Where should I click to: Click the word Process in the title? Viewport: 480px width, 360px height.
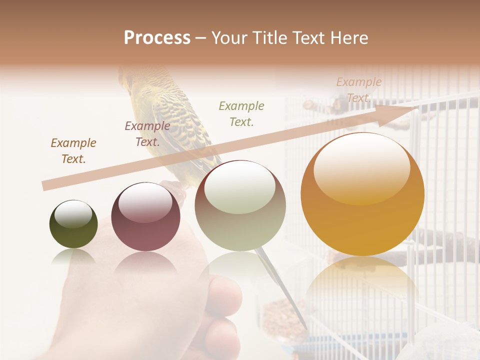157,38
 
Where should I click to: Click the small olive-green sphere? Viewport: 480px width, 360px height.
73,224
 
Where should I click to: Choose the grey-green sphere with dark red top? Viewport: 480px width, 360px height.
240,206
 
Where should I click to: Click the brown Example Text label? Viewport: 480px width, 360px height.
73,151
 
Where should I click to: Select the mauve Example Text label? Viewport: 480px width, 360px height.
147,134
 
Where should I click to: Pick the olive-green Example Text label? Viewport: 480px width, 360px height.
241,113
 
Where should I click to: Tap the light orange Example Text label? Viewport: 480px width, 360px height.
358,90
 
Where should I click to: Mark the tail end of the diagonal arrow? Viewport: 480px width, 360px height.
45,186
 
